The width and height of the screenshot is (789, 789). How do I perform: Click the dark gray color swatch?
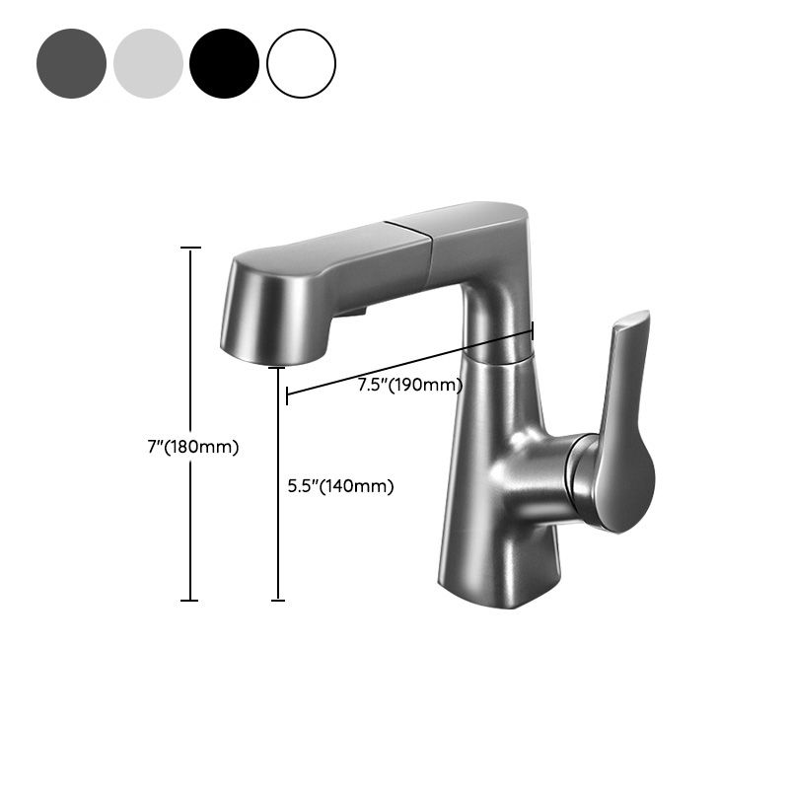[x=71, y=63]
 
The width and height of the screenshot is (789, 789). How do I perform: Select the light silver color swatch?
[x=148, y=63]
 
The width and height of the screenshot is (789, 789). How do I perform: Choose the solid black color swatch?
[x=225, y=63]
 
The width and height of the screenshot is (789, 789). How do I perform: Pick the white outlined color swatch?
[x=302, y=63]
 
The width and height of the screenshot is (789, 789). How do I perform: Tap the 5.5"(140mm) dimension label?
[x=340, y=486]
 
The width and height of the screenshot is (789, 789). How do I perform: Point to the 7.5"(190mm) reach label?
[x=409, y=385]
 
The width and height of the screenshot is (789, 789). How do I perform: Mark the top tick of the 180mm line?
[x=190, y=249]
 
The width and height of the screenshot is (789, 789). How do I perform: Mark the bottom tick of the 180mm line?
[x=190, y=600]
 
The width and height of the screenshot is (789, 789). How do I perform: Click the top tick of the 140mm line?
[x=278, y=368]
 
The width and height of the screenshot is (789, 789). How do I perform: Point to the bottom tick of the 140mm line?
[x=278, y=600]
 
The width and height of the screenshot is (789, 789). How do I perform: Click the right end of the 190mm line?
[x=533, y=330]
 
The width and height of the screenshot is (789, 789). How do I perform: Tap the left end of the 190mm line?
[x=287, y=395]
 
